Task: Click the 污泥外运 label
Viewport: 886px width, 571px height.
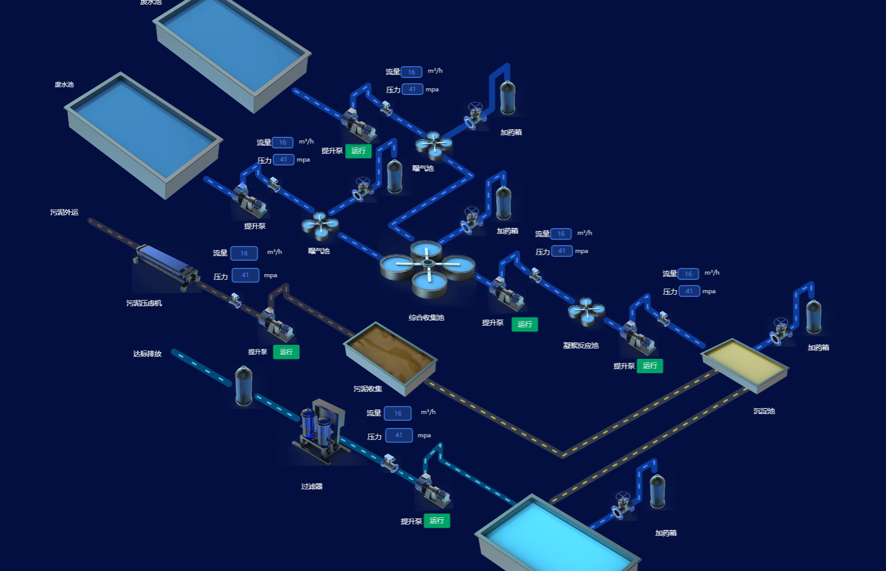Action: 64,212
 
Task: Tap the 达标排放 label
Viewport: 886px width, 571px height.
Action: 147,354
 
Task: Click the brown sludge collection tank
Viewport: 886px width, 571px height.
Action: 391,356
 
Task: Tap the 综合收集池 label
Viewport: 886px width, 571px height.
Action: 426,318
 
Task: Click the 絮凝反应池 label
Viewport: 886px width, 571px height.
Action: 581,345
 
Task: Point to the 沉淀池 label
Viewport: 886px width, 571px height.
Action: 764,411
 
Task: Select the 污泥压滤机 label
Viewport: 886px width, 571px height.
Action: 144,303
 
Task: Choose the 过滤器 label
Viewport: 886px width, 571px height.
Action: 312,486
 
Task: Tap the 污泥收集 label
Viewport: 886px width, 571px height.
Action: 368,389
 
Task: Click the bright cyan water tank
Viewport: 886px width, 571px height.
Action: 558,537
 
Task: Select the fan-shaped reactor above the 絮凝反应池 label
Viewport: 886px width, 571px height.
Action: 586,311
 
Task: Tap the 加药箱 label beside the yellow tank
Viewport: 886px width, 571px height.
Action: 818,347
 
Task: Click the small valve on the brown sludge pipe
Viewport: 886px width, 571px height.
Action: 236,300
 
